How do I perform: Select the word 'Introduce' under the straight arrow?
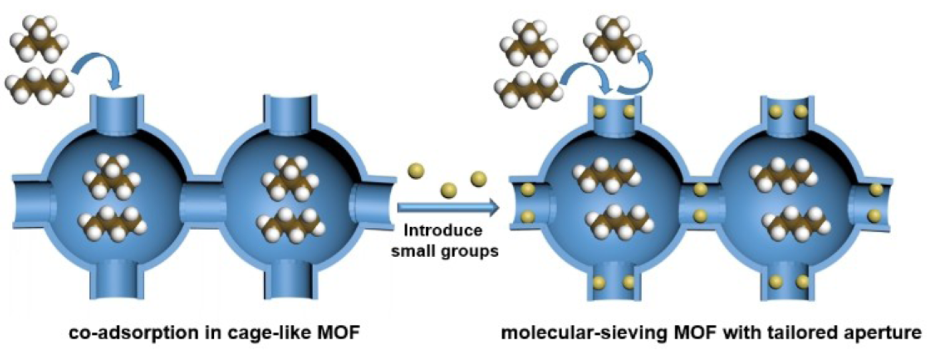pyautogui.click(x=443, y=232)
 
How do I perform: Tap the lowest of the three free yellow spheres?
pyautogui.click(x=447, y=190)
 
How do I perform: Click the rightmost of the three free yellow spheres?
pyautogui.click(x=478, y=179)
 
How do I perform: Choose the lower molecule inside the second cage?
pyautogui.click(x=284, y=225)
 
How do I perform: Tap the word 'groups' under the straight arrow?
pyautogui.click(x=473, y=252)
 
